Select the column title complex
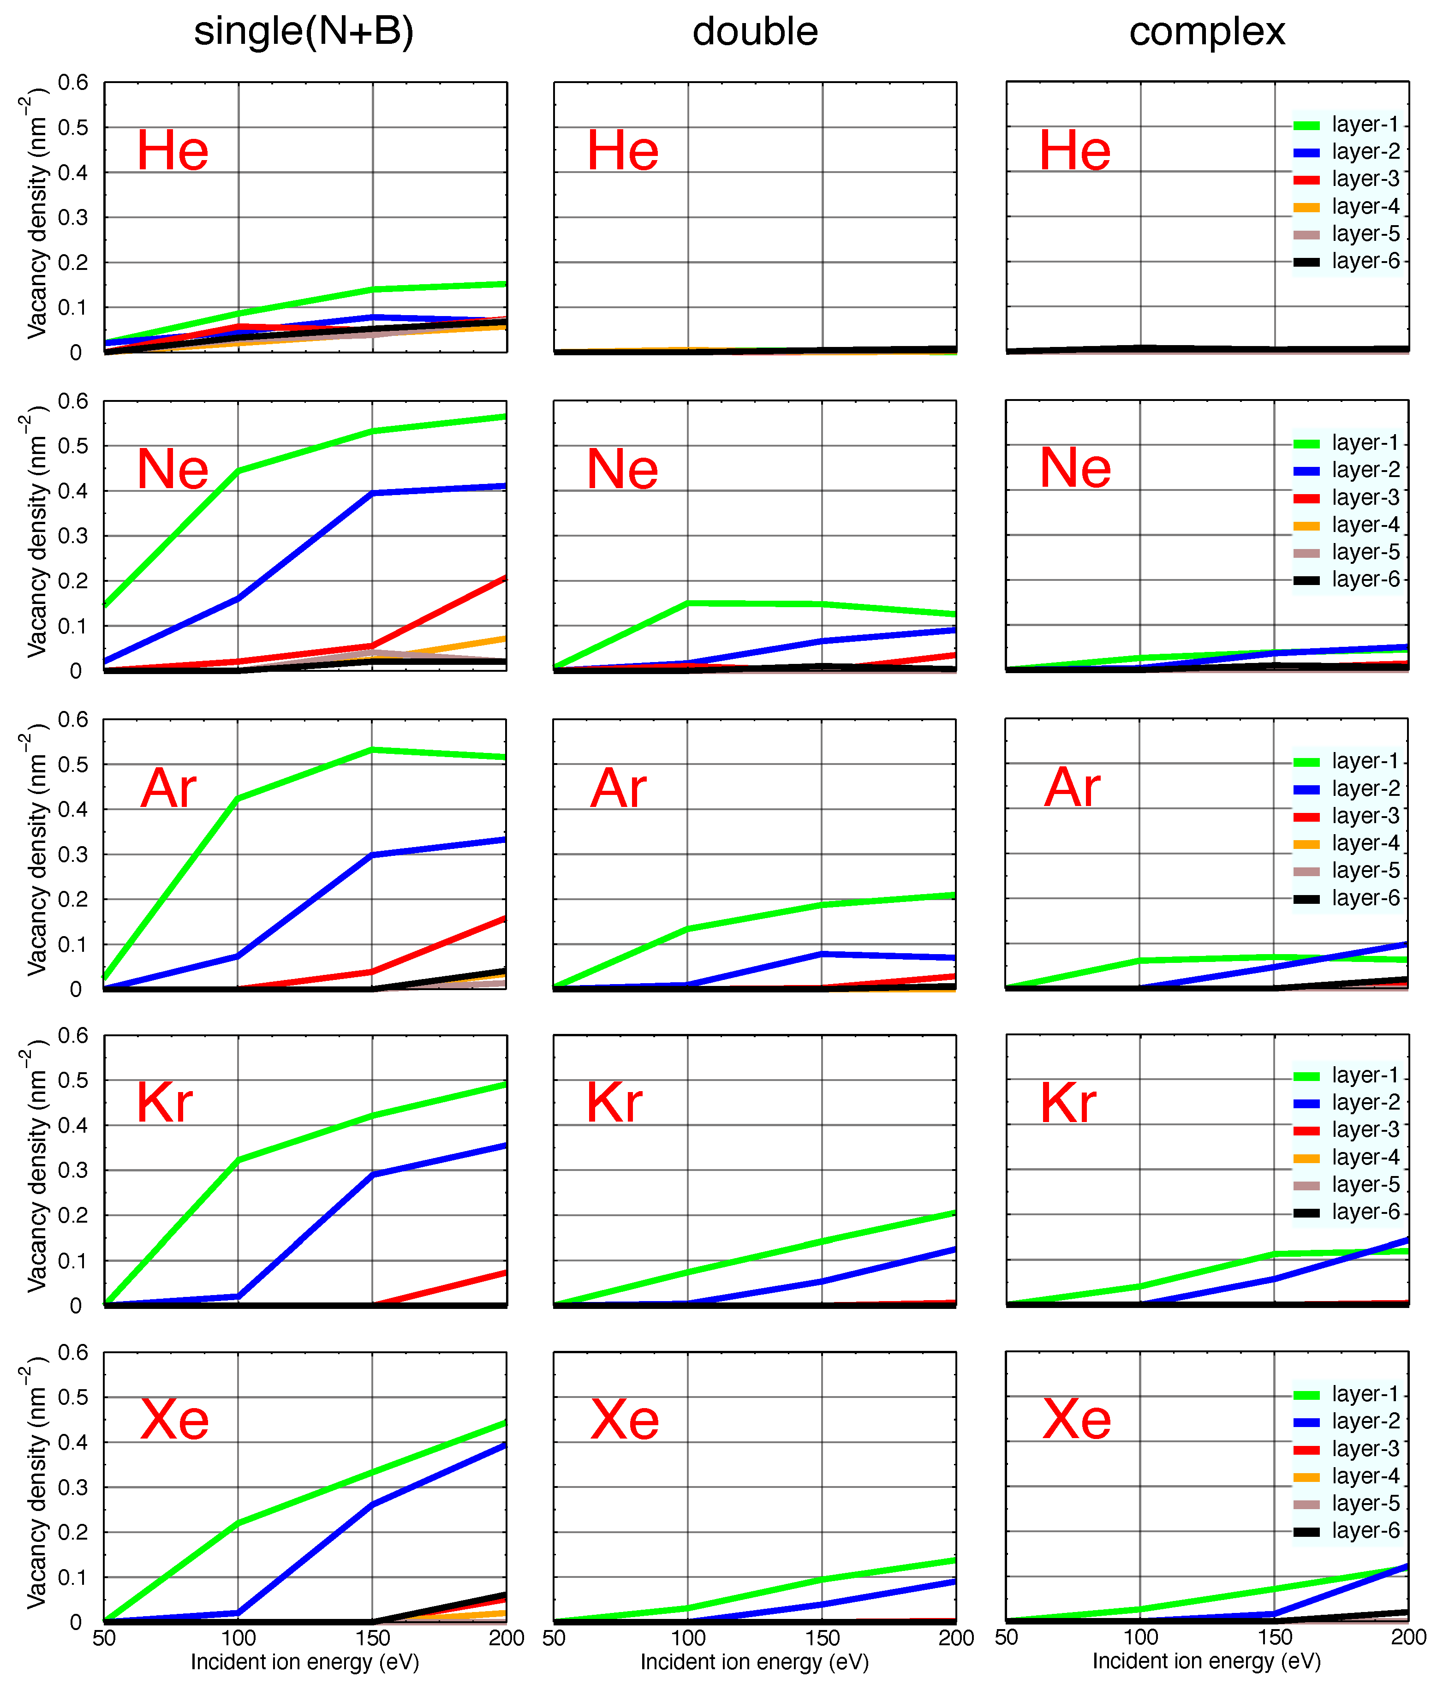(1206, 32)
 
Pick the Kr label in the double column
(614, 1103)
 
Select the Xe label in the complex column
(1076, 1419)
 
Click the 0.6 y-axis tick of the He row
(72, 82)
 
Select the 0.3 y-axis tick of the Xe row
(72, 1487)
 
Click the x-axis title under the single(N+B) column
(305, 1662)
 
